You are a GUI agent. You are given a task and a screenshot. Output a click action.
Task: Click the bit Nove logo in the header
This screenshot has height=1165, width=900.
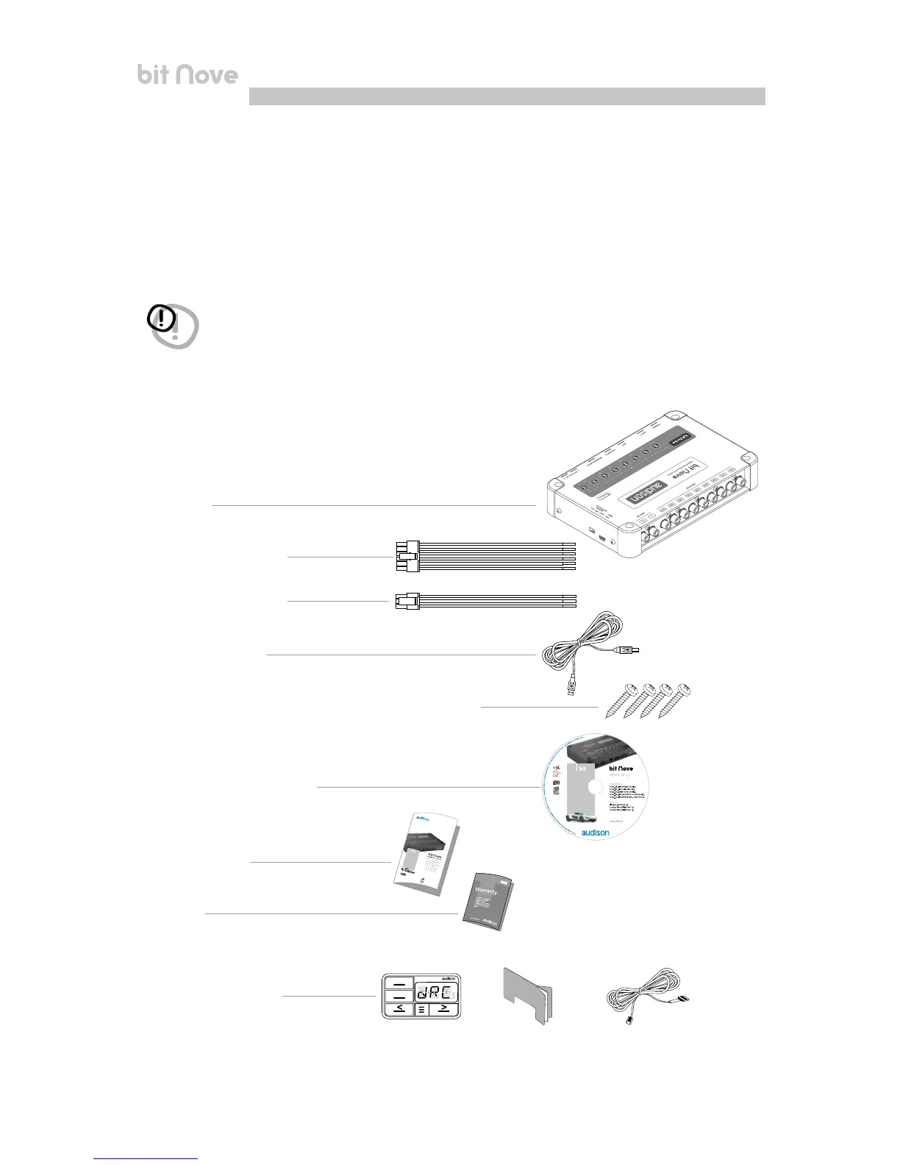187,74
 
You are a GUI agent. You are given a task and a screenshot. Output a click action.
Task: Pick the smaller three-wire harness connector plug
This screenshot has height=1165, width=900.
407,601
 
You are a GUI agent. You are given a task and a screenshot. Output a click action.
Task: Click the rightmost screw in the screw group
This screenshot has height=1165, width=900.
676,700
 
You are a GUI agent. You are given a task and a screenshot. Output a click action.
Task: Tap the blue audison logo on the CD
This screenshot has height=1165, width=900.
595,833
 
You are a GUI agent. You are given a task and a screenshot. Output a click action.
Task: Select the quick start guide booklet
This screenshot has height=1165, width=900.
426,854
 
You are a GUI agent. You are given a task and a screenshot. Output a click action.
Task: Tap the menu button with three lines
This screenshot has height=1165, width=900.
421,1010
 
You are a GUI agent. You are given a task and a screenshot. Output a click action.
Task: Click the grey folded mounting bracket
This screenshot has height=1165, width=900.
528,996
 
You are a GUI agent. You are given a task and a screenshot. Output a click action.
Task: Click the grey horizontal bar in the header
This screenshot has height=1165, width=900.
507,96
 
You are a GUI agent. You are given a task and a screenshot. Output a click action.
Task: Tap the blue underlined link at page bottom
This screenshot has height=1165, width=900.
146,1159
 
